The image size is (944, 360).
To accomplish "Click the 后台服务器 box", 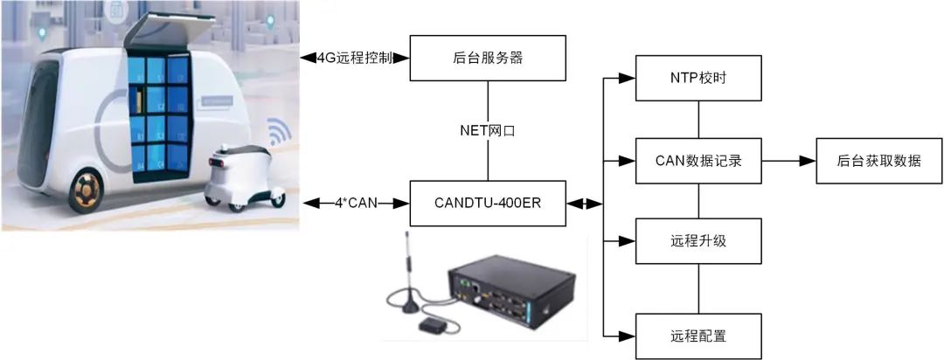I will pos(489,58).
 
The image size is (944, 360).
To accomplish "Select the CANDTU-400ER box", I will pos(489,204).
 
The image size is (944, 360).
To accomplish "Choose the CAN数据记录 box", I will pos(698,161).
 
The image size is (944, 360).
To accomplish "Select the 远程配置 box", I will pos(698,335).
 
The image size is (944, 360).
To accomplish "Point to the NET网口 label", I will pos(489,132).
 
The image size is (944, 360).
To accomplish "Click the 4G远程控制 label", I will pos(354,59).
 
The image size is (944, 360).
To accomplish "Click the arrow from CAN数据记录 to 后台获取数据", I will pos(788,161).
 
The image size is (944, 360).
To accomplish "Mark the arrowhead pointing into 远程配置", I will pos(626,335).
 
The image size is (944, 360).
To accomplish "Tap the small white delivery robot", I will pos(237,176).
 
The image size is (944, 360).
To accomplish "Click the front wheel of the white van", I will pos(85,190).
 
